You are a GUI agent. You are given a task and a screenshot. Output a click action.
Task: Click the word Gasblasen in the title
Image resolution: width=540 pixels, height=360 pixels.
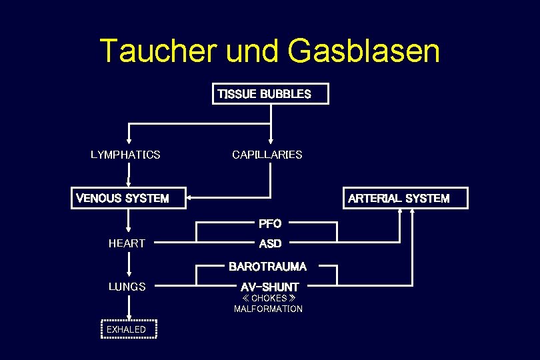click(364, 51)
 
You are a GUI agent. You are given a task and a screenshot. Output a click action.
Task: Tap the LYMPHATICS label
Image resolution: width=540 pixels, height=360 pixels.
click(125, 155)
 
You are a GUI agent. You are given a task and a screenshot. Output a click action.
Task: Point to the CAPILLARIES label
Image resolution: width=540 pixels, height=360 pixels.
click(267, 155)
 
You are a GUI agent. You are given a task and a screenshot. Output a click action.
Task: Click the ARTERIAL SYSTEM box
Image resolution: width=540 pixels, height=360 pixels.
click(406, 198)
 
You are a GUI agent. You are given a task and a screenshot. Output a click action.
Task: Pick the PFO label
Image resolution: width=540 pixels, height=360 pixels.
click(270, 223)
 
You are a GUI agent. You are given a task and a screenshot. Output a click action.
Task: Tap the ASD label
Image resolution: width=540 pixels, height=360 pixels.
click(270, 244)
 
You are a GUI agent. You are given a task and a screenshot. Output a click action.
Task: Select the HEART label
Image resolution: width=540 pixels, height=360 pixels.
click(127, 244)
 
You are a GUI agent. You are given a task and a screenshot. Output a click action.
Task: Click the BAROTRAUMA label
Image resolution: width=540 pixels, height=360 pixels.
click(267, 267)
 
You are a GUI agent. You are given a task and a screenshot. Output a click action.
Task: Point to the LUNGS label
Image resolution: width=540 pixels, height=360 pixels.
click(127, 287)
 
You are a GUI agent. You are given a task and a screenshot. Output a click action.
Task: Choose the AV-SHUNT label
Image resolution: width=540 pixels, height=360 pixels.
click(269, 287)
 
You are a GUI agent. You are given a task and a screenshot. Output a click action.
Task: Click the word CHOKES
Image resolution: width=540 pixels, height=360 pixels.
click(269, 299)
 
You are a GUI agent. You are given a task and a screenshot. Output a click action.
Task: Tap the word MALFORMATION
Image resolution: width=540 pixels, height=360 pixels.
click(268, 309)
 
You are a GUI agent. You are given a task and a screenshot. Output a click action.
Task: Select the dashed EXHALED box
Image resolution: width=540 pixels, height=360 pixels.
click(128, 329)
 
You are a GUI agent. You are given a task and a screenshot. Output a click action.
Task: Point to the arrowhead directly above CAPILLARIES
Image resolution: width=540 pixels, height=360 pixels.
click(270, 140)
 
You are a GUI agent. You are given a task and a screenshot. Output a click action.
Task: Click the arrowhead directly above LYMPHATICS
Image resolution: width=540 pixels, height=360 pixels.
click(129, 140)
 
